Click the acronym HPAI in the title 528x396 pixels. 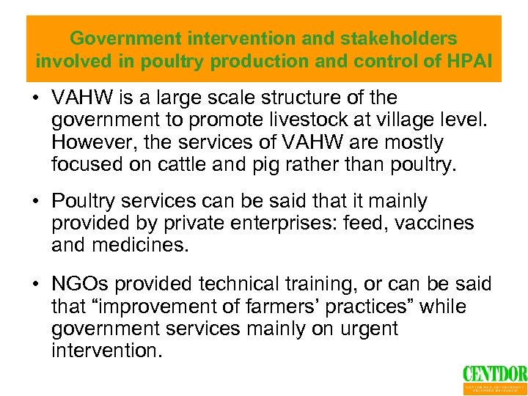[475, 61]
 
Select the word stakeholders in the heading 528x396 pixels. [381, 38]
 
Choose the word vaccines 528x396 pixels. [435, 222]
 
